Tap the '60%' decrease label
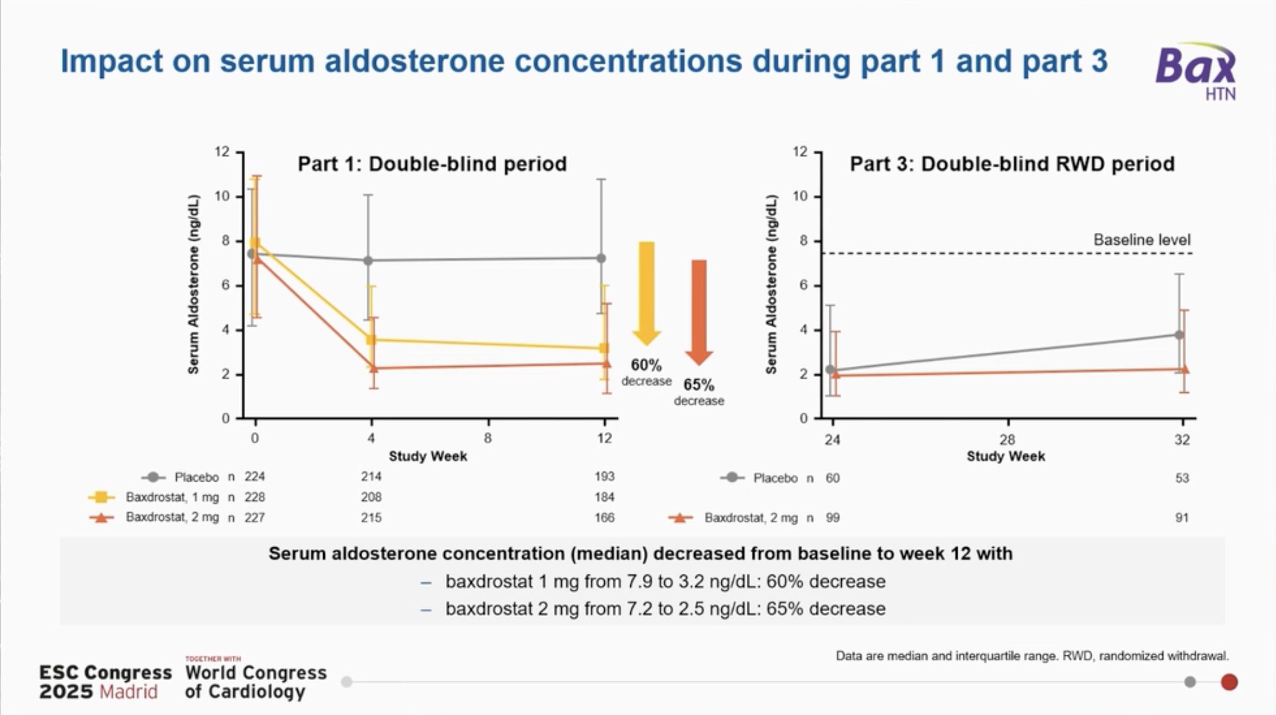click(646, 365)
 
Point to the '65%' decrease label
click(699, 385)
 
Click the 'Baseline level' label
click(1141, 240)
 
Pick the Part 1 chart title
click(432, 164)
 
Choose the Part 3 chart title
click(1012, 164)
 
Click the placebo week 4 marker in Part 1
click(368, 261)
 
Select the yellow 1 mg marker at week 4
click(371, 340)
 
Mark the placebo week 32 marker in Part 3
click(1179, 335)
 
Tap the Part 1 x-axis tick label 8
click(488, 438)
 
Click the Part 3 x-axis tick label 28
click(1007, 440)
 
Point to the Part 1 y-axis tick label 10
click(222, 196)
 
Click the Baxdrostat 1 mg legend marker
click(102, 498)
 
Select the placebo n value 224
click(255, 477)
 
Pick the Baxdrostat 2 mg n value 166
click(604, 518)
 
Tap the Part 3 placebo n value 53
click(1181, 478)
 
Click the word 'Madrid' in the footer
click(129, 692)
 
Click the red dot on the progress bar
click(1229, 682)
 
